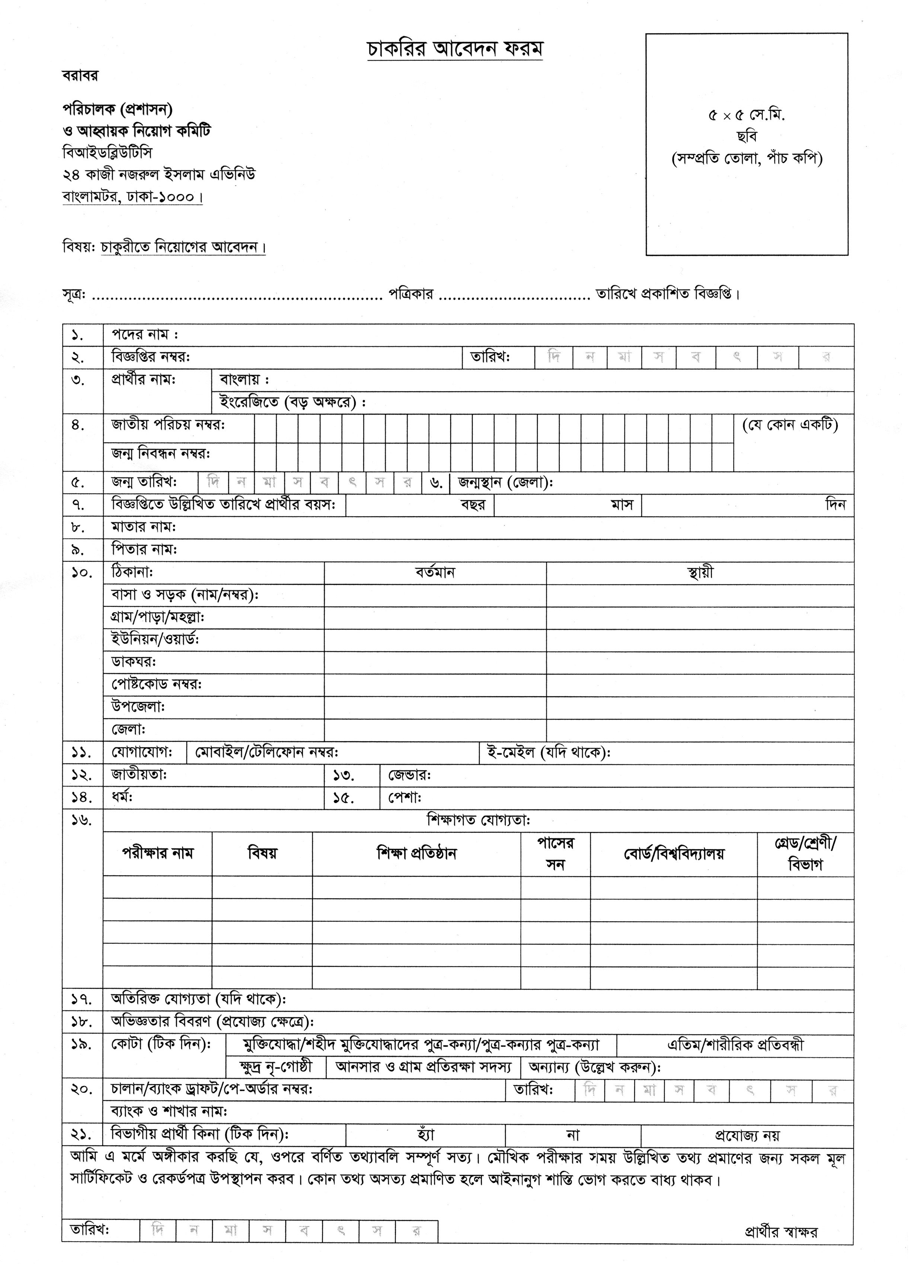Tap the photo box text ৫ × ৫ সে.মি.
pyautogui.click(x=746, y=115)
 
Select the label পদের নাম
pyautogui.click(x=144, y=334)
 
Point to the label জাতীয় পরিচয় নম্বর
pyautogui.click(x=168, y=424)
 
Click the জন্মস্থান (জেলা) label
pyautogui.click(x=505, y=482)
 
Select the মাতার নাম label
pyautogui.click(x=144, y=527)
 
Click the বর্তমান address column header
pyautogui.click(x=435, y=572)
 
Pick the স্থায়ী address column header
pyautogui.click(x=700, y=572)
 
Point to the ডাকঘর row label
pyautogui.click(x=134, y=661)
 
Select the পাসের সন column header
pyautogui.click(x=555, y=854)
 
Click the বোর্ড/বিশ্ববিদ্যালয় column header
pyautogui.click(x=674, y=854)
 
